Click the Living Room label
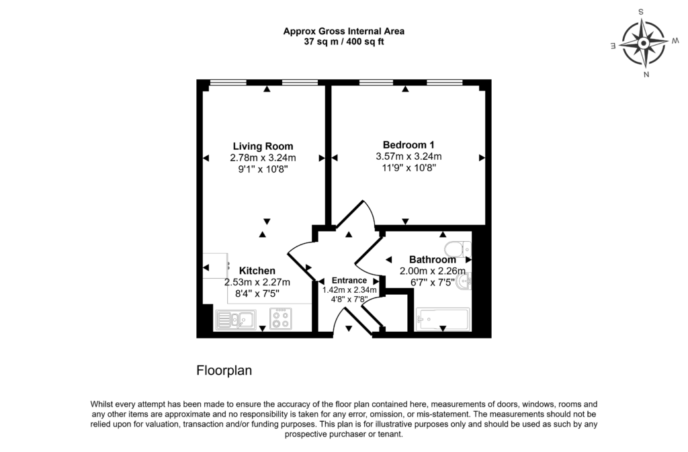point(263,146)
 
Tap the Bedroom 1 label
point(408,144)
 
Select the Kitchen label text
point(257,271)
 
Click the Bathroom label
point(432,259)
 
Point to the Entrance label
point(349,281)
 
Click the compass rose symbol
point(643,43)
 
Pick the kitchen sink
point(234,319)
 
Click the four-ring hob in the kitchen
point(281,318)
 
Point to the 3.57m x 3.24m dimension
point(408,156)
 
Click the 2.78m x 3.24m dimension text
point(263,158)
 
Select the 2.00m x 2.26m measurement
point(433,271)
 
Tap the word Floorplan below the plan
point(224,370)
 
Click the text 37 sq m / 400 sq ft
point(343,42)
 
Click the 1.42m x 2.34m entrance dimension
point(349,289)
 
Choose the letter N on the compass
point(646,75)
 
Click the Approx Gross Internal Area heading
point(343,31)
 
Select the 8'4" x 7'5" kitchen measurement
point(257,293)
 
